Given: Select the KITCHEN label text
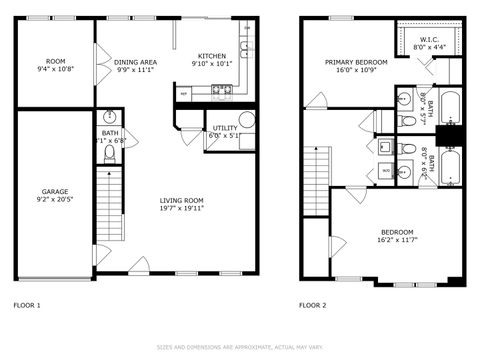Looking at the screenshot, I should point(211,56).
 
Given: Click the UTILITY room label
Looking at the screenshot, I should point(223,128).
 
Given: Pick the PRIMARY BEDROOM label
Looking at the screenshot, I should point(349,62).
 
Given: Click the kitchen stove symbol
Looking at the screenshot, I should point(222,91).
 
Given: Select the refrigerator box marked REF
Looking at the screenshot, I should point(184,93).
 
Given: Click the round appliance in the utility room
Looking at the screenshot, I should point(246,119).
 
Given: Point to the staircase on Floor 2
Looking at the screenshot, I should point(315,170).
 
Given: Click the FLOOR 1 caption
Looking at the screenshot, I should point(27,304).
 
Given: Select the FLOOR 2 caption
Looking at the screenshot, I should point(315,304).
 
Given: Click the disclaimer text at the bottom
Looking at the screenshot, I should point(240,347).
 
